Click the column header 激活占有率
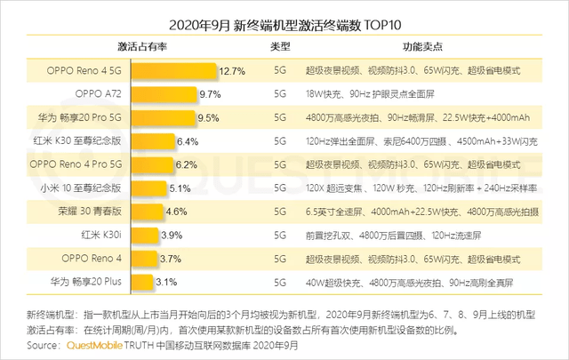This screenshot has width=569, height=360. coord(144,45)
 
